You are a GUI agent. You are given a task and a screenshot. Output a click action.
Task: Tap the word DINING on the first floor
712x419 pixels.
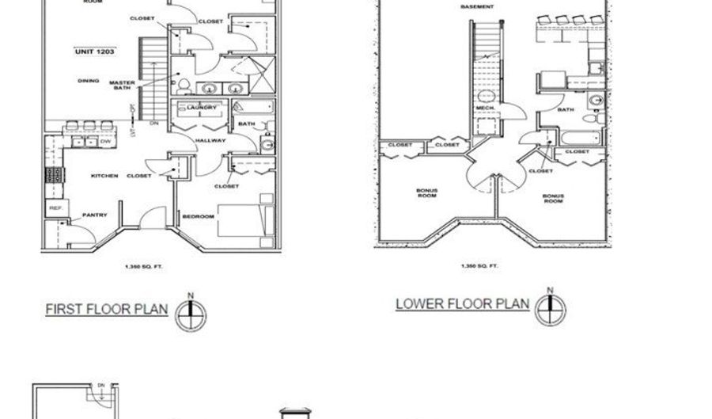point(88,81)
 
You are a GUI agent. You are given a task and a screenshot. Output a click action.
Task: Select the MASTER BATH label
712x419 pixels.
point(122,86)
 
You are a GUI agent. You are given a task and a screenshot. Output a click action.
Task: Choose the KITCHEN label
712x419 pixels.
point(104,175)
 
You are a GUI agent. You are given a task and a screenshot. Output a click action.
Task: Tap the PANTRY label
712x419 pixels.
point(95,215)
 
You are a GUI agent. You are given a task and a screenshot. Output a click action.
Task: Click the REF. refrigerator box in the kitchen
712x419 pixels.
point(55,208)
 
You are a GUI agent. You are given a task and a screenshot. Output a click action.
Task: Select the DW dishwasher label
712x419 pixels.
point(103,142)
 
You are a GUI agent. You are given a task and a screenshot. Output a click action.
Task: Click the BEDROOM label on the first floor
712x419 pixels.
point(198,215)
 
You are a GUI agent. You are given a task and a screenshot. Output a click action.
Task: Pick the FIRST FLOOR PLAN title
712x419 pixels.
point(106,309)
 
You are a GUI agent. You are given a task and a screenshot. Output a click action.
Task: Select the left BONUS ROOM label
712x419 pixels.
point(427,192)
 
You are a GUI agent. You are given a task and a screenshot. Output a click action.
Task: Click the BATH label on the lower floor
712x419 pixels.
point(566,110)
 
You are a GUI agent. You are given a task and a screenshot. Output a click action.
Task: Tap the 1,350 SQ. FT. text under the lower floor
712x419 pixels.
point(479,266)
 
